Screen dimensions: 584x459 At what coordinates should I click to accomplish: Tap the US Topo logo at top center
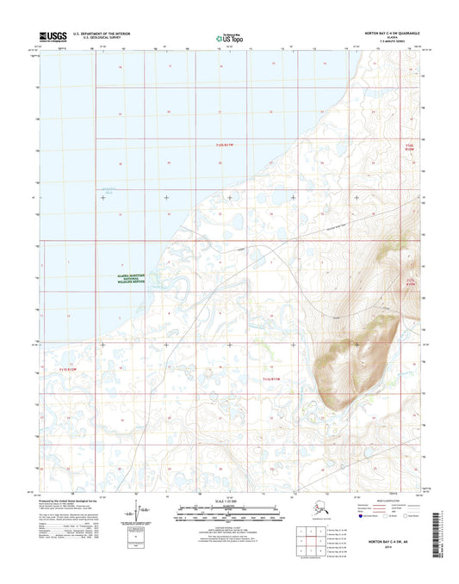226,37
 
